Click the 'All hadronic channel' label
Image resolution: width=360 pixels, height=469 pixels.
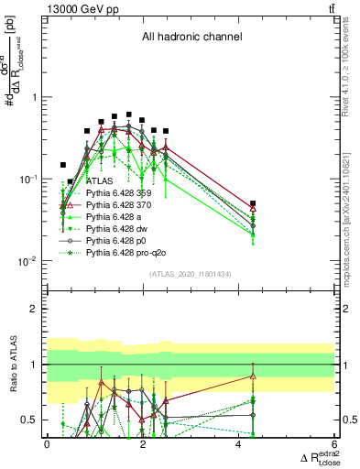(191, 38)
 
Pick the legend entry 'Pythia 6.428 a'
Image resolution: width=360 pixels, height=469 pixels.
(100, 216)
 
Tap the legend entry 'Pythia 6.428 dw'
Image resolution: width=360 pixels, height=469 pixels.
(103, 227)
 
